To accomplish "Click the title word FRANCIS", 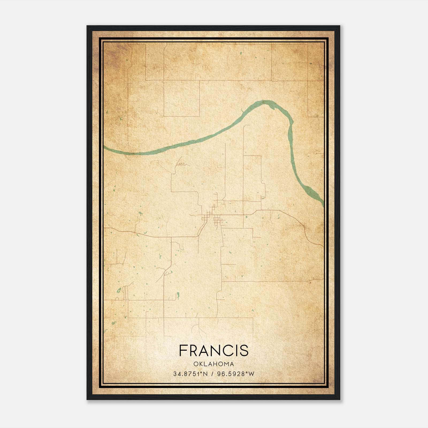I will [214, 350].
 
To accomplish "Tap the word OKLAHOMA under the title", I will [214, 364].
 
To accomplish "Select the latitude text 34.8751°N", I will [190, 374].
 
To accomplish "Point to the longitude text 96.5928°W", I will [235, 374].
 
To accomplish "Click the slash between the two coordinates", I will [212, 374].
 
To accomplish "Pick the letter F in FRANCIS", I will [183, 350].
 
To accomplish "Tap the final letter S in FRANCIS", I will [244, 350].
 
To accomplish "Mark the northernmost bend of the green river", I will [266, 102].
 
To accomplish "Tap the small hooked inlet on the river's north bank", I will [242, 110].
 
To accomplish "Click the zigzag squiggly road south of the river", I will [182, 164].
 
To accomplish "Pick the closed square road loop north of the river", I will [182, 98].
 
